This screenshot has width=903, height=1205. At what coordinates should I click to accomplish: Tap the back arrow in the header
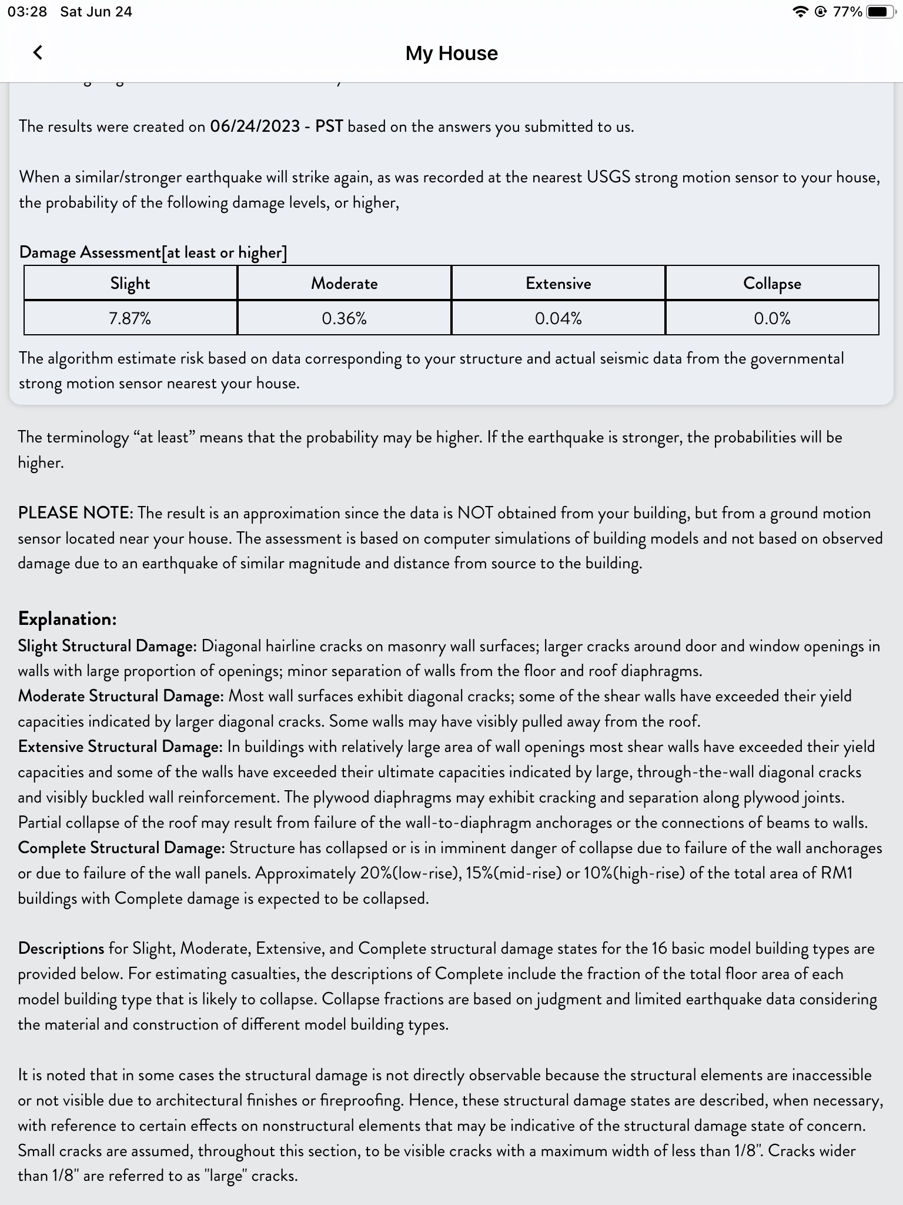[x=38, y=53]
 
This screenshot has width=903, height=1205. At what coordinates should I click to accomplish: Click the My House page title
[x=451, y=53]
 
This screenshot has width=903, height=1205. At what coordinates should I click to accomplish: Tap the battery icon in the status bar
[x=880, y=12]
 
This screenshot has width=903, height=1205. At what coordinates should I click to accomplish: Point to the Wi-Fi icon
[x=800, y=12]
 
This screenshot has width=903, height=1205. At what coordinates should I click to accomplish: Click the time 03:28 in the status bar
[x=27, y=12]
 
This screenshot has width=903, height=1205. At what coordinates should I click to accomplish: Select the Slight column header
[x=131, y=284]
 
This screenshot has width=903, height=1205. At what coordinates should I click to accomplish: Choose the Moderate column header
[x=345, y=284]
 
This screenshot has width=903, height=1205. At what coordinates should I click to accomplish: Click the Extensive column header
[x=558, y=284]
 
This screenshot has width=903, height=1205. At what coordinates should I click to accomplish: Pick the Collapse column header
[x=772, y=284]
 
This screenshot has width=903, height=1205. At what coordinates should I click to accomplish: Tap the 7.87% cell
[x=131, y=318]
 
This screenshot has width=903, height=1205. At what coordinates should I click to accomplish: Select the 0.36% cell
[x=345, y=318]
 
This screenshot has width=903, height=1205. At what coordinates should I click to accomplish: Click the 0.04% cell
[x=558, y=318]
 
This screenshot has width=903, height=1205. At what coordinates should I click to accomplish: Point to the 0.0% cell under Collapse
[x=772, y=318]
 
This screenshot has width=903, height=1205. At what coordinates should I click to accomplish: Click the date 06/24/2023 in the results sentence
[x=255, y=127]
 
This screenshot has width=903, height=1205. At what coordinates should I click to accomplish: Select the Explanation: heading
[x=68, y=618]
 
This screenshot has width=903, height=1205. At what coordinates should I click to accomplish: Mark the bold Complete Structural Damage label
[x=121, y=848]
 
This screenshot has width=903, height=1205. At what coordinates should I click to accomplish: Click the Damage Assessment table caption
[x=153, y=252]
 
